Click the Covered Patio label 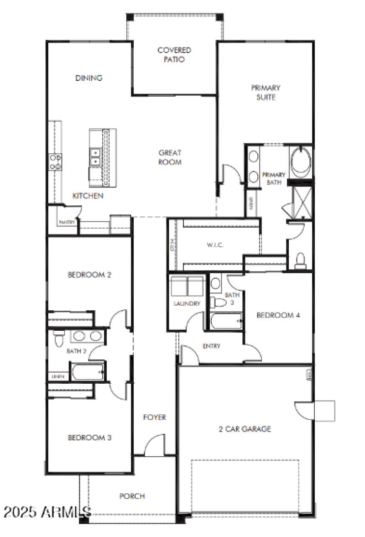click(x=174, y=55)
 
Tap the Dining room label click(x=89, y=78)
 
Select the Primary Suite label click(x=266, y=92)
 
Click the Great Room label click(x=170, y=157)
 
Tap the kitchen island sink click(x=96, y=156)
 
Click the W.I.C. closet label click(x=214, y=245)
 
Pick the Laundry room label click(x=186, y=303)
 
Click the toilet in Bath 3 click(x=219, y=302)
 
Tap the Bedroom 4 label click(x=278, y=315)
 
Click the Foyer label click(x=154, y=417)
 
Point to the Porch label click(x=132, y=496)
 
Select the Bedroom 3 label click(x=89, y=438)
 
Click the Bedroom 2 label click(x=89, y=275)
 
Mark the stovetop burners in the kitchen click(x=56, y=162)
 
